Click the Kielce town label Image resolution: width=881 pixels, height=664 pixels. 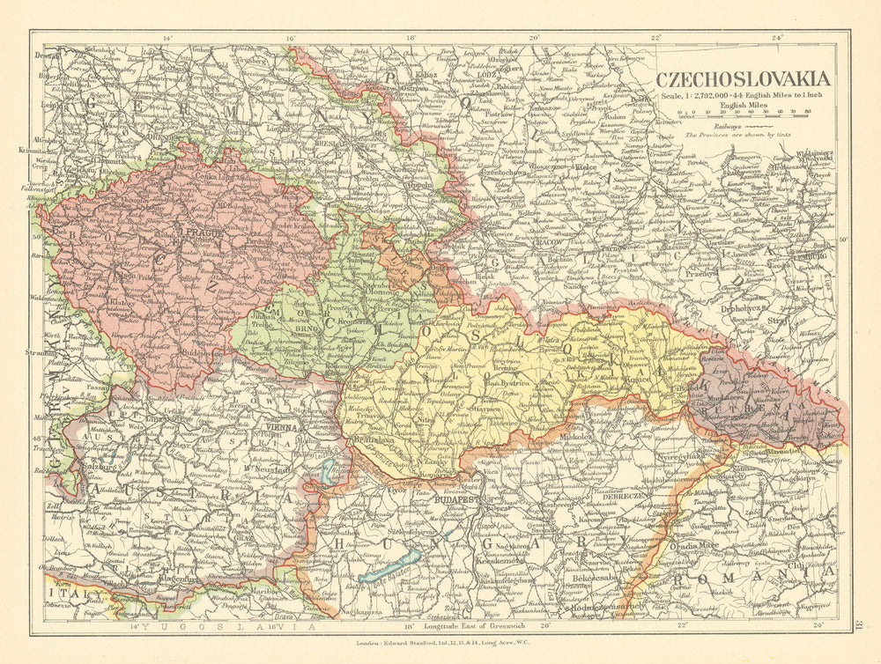pyautogui.click(x=586, y=166)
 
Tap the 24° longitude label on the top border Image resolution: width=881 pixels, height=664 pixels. pyautogui.click(x=776, y=38)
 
